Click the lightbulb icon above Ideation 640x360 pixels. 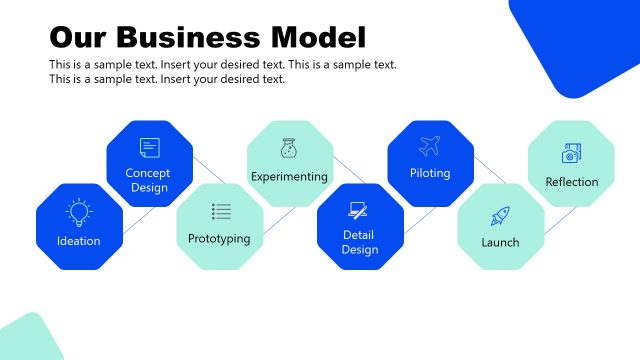(x=79, y=211)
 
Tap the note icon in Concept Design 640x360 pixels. (x=149, y=148)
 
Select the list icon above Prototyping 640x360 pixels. (x=221, y=211)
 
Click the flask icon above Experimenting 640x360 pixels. (x=289, y=148)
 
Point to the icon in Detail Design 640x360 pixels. (x=359, y=211)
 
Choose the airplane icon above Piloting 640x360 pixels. (x=430, y=146)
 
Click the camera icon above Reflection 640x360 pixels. (x=571, y=153)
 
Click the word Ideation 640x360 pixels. (x=79, y=241)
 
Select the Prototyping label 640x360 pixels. (x=219, y=239)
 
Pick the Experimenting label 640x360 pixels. (x=289, y=177)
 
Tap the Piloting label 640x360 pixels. (x=430, y=173)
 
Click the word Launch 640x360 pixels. (x=500, y=242)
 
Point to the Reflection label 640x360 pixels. (x=571, y=182)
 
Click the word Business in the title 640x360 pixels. (x=189, y=38)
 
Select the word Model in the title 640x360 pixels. (x=319, y=38)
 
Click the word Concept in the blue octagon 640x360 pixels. (x=148, y=173)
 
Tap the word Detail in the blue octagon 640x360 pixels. (x=359, y=234)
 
